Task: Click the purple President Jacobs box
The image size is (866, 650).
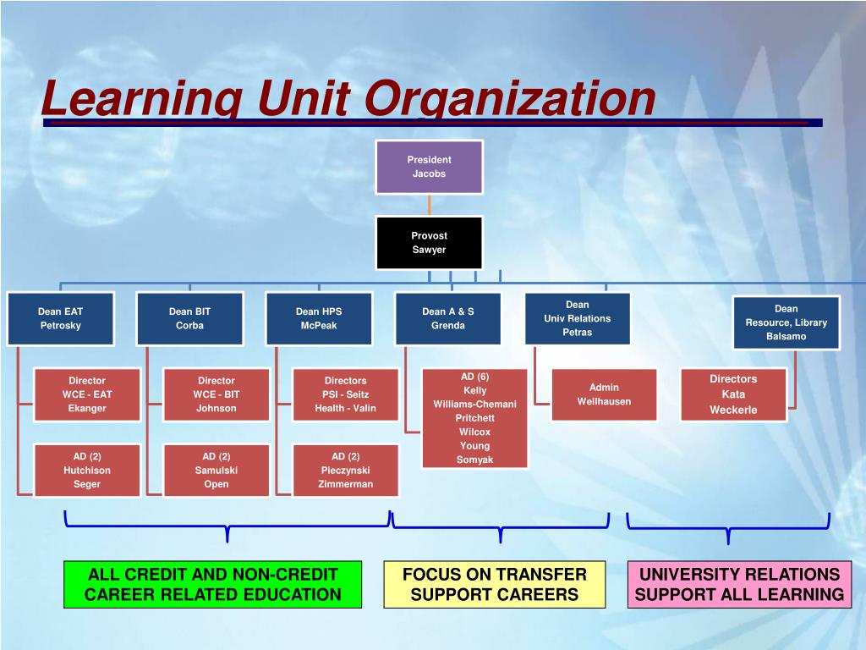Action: point(430,167)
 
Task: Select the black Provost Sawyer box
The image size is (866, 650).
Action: point(430,243)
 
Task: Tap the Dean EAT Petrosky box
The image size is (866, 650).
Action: point(60,318)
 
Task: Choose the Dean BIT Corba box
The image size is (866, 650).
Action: point(189,318)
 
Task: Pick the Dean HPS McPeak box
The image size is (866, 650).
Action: point(319,318)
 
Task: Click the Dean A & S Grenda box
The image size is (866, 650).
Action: point(448,318)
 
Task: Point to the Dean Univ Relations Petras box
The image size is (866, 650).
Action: point(578,318)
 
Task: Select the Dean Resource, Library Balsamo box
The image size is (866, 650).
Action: point(787,322)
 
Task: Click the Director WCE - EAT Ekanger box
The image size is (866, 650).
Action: point(87,394)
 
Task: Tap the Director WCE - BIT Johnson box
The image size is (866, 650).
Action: point(216,394)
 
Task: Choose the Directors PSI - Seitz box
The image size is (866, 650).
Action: point(346,394)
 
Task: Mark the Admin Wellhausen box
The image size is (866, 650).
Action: point(604,394)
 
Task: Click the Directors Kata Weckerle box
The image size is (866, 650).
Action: point(733,394)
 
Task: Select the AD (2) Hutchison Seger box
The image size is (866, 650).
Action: point(87,471)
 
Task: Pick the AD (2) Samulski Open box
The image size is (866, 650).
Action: point(216,471)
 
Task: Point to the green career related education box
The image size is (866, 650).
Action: point(212,584)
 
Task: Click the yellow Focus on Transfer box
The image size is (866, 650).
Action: point(495,584)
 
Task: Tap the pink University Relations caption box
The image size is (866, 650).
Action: point(739,584)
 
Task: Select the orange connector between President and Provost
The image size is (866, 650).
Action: point(430,205)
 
